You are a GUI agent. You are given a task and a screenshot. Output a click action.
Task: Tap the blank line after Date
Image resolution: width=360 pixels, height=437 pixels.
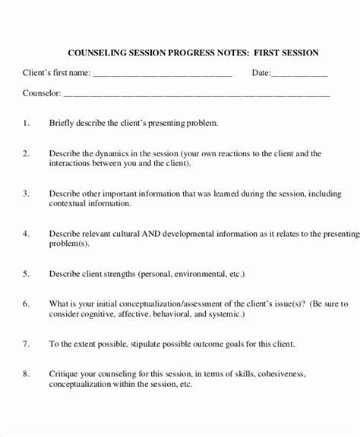click(300, 75)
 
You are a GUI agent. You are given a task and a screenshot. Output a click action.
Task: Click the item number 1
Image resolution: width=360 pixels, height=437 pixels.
click(26, 122)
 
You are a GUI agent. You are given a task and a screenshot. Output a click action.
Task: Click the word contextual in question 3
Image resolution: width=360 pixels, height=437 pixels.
click(71, 204)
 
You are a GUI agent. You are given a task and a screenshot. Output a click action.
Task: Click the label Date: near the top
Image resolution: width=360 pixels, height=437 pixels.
click(261, 74)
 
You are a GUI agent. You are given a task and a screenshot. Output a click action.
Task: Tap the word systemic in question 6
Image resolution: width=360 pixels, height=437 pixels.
click(226, 313)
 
